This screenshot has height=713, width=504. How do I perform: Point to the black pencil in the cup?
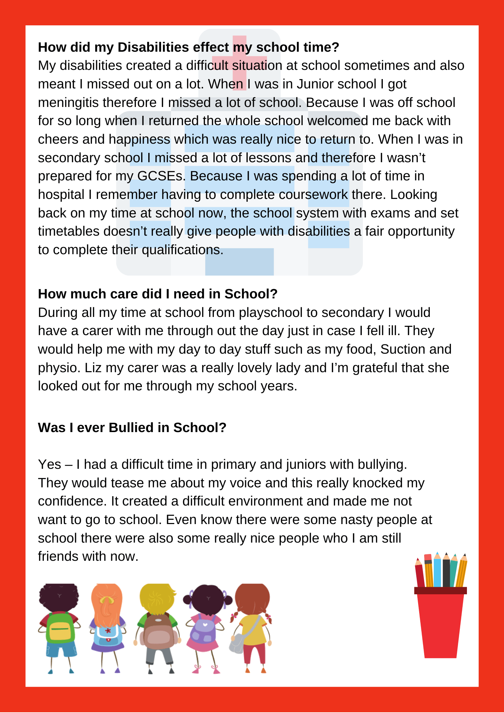point(446,571)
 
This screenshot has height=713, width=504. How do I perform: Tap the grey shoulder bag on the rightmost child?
point(237,642)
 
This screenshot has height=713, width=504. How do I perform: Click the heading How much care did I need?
point(158,294)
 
